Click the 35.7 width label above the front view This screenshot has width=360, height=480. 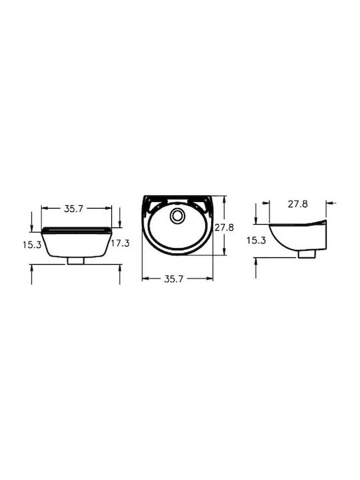[x=74, y=209]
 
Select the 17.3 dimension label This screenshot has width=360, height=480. [x=120, y=243]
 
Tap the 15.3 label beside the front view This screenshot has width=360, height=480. [x=32, y=245]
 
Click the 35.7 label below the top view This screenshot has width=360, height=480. [x=174, y=279]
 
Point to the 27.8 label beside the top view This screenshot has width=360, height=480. [x=224, y=227]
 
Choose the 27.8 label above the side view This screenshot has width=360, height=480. [x=298, y=204]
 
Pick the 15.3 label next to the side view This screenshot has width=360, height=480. [x=256, y=240]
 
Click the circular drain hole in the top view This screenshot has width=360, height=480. [x=177, y=215]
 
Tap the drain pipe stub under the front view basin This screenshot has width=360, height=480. [x=76, y=261]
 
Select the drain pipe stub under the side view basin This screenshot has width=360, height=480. [x=307, y=254]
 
